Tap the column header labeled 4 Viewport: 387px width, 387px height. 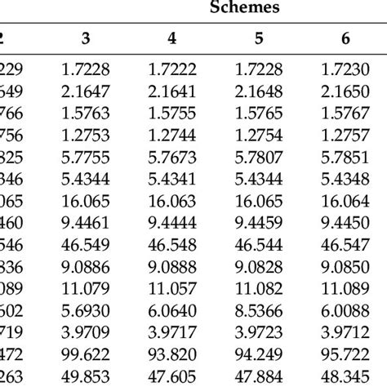click(171, 38)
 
